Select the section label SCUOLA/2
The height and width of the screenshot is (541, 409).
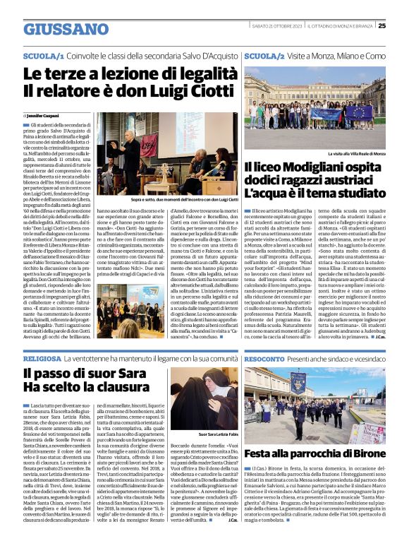pyautogui.click(x=265, y=55)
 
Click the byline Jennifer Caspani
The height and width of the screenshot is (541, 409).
pyautogui.click(x=45, y=114)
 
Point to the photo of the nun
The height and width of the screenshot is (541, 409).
pyautogui.click(x=205, y=398)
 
